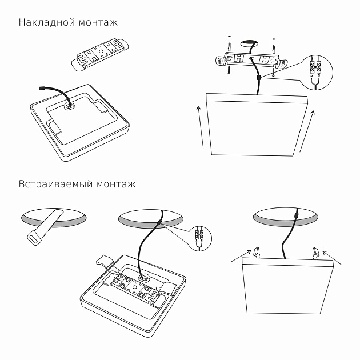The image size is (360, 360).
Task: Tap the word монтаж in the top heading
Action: [x=97, y=23]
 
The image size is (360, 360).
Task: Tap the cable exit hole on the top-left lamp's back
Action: [x=70, y=105]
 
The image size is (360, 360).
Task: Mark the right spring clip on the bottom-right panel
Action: [x=316, y=251]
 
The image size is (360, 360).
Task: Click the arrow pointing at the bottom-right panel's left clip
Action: [x=239, y=258]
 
